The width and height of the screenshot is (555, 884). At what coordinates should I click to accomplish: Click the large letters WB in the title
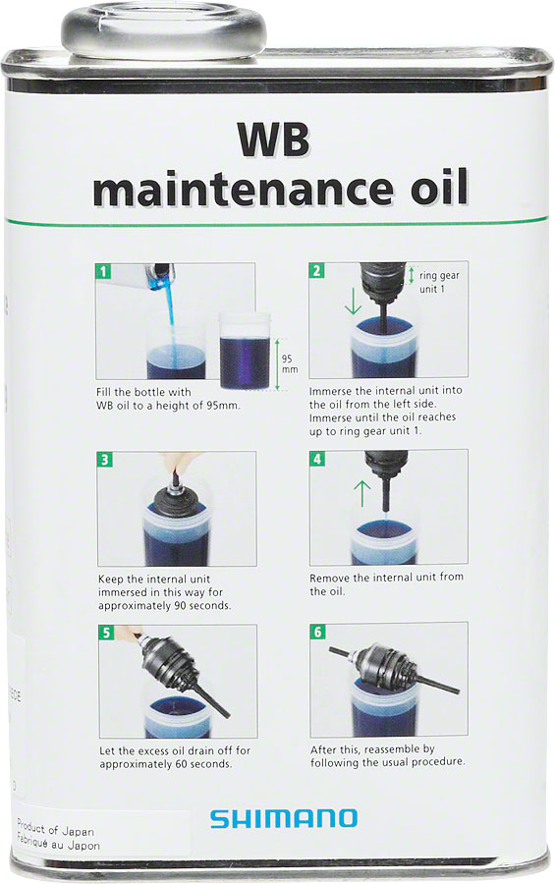273,140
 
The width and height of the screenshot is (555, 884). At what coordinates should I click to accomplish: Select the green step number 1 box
103,270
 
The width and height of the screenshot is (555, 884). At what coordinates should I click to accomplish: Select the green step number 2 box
316,270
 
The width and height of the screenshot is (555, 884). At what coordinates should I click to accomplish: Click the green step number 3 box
103,459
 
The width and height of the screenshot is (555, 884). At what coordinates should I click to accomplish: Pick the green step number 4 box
316,458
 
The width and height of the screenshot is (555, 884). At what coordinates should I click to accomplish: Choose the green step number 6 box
316,632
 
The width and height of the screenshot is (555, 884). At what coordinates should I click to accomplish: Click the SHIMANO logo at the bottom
283,818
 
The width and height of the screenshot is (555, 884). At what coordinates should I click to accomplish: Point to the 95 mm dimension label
289,364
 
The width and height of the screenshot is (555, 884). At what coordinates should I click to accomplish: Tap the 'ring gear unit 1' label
439,282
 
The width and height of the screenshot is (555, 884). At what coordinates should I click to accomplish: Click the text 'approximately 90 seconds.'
165,606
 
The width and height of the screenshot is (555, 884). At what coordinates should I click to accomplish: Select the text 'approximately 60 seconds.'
166,764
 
